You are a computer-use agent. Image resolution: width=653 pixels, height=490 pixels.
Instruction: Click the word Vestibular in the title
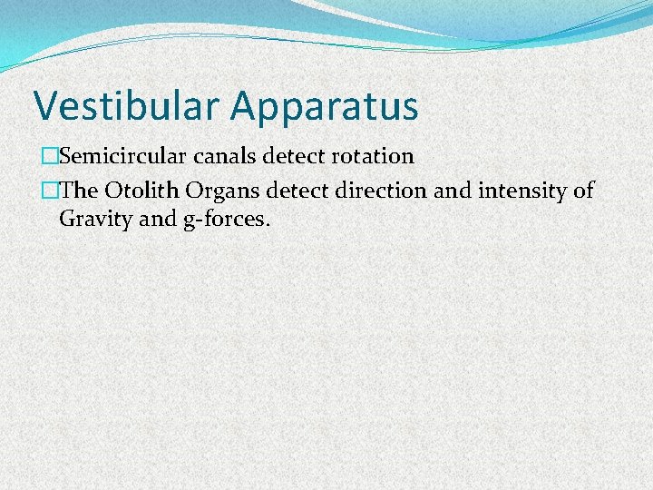pos(127,105)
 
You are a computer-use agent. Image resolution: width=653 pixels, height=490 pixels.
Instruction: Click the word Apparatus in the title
pos(324,107)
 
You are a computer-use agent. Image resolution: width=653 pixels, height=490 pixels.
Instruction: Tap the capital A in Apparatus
pos(245,105)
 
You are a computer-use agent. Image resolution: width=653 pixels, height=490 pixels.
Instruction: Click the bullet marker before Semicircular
pos(36,156)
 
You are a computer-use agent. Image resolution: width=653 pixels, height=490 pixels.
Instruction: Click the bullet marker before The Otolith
pos(36,191)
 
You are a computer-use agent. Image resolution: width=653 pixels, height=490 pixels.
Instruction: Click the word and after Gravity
pos(154,218)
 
